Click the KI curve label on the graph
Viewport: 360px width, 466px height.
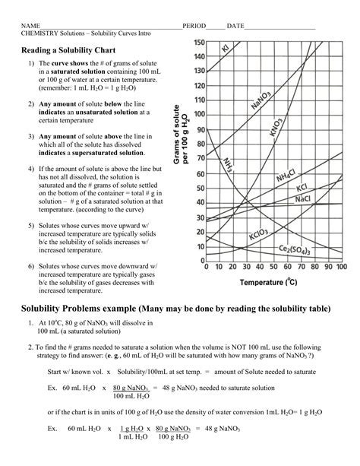(226, 50)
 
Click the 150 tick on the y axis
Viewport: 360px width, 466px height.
(197, 43)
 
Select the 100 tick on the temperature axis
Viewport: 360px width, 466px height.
(340, 268)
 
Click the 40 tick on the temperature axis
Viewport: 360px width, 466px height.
(260, 268)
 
